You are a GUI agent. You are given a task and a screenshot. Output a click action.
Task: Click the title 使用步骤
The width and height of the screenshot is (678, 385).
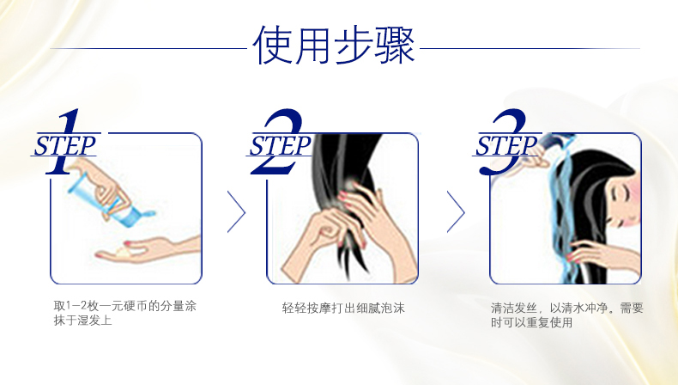(334, 45)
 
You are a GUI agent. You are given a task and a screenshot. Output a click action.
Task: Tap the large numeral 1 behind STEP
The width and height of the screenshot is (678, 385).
(65, 142)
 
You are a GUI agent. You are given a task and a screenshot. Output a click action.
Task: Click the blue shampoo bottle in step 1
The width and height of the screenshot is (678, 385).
(109, 200)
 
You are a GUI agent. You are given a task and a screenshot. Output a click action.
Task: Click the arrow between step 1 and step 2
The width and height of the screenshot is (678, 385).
(237, 212)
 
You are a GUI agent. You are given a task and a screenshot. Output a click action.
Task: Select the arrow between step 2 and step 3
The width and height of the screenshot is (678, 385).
(456, 212)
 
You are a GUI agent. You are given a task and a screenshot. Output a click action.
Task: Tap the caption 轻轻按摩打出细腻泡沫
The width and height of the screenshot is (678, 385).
(343, 308)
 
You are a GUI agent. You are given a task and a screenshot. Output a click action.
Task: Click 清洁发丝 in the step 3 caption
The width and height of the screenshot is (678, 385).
(514, 309)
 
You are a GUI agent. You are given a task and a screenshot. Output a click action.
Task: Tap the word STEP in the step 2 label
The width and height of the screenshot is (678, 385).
(280, 145)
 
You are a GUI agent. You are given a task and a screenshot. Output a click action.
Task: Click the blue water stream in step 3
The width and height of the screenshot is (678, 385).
(562, 217)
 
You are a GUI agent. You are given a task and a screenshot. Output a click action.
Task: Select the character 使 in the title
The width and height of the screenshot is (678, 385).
(272, 45)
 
